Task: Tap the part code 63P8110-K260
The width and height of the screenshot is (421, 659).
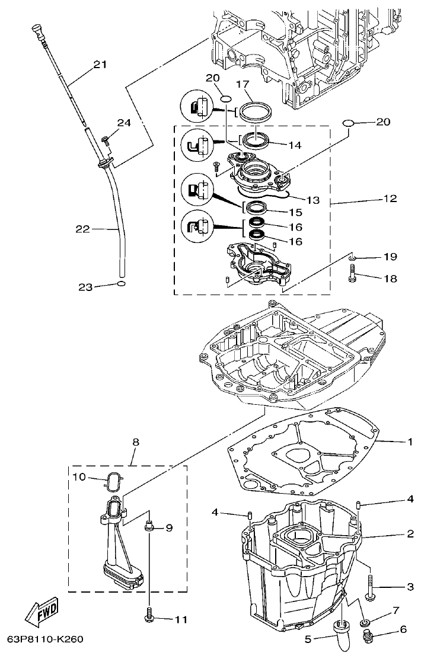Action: click(46, 639)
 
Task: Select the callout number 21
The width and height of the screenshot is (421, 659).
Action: click(100, 65)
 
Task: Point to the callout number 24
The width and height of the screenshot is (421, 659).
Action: click(124, 123)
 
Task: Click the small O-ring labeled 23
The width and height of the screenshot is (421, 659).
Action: click(121, 284)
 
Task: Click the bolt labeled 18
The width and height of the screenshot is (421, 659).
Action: click(355, 274)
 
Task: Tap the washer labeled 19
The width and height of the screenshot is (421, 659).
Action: click(352, 258)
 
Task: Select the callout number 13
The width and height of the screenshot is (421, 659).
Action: click(312, 201)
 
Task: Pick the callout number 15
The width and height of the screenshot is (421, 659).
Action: click(295, 212)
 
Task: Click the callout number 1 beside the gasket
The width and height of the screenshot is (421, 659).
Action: click(409, 442)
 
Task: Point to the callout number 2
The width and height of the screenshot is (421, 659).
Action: click(409, 534)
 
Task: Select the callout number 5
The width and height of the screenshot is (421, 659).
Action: click(308, 638)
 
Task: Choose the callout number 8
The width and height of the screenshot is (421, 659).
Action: click(136, 442)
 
